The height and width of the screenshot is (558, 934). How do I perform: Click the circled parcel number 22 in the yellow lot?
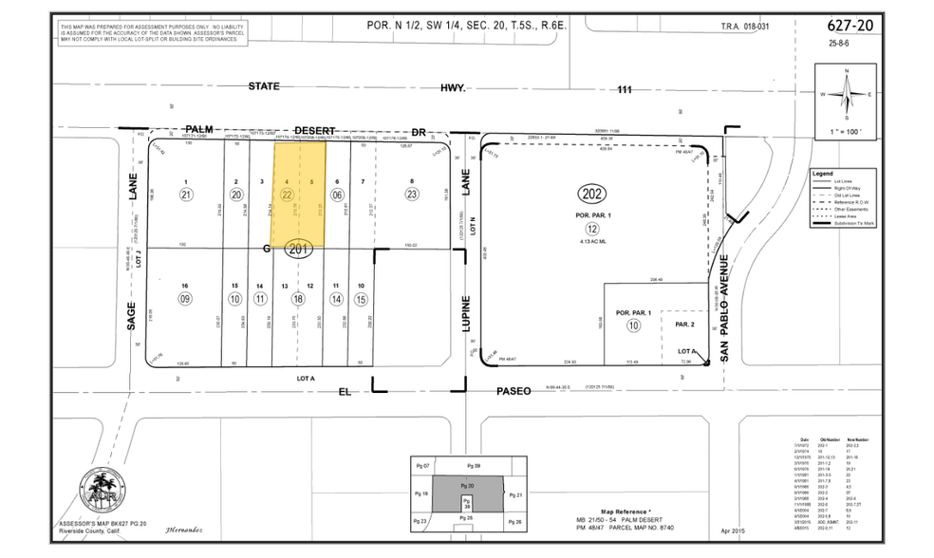[x=286, y=194]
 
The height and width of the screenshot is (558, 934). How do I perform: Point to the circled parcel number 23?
[x=411, y=194]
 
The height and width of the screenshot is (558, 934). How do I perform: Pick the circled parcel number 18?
[x=298, y=299]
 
